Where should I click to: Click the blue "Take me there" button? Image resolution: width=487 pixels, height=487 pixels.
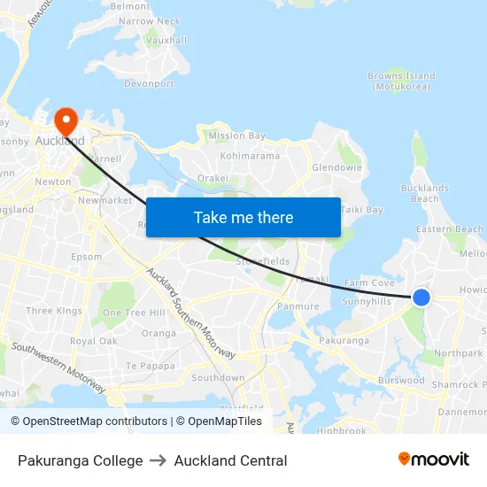pos(243,217)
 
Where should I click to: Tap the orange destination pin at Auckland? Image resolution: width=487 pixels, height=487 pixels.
pos(66,120)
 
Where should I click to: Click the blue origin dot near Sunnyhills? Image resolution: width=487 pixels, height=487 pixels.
pos(421,298)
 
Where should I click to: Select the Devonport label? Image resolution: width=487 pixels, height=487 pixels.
pos(149,84)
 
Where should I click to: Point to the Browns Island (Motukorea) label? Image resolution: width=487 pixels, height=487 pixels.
pos(401,81)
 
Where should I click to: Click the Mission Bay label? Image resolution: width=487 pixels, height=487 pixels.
pos(236,135)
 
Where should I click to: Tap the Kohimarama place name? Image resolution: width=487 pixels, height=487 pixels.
pos(249,156)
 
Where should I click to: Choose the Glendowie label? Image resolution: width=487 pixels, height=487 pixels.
pos(336,167)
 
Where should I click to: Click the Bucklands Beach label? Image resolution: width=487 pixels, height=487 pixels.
pos(425,193)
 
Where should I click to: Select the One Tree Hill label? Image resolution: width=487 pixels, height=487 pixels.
pos(134,313)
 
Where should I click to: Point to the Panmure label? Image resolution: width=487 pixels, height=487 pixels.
pos(298,306)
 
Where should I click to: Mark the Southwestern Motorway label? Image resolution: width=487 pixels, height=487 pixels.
pos(58,368)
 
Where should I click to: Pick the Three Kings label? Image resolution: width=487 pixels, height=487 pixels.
pos(53,311)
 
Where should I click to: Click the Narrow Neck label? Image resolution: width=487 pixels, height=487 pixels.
pos(149,21)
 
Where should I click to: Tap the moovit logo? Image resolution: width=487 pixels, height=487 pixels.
pos(433,460)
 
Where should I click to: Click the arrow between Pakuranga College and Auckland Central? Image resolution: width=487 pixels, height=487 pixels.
pos(158,460)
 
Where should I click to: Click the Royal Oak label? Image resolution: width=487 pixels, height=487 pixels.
pos(93,341)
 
